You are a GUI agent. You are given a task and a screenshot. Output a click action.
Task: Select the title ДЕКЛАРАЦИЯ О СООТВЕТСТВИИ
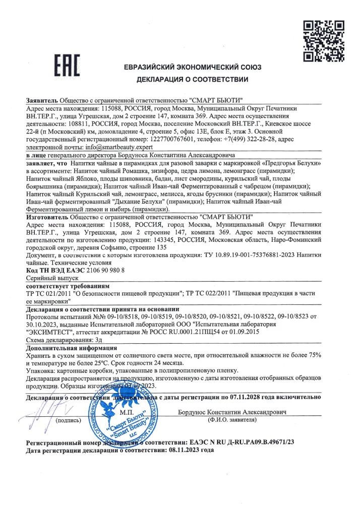(x=192, y=80)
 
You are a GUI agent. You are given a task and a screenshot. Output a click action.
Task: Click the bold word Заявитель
(x=42, y=99)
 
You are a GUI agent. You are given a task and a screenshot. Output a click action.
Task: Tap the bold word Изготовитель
(x=47, y=216)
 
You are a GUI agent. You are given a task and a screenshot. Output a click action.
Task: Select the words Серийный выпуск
(x=52, y=278)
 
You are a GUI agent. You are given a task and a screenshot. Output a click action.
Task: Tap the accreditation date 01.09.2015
(x=242, y=332)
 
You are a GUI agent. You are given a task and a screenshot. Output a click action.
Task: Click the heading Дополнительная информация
(x=71, y=348)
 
